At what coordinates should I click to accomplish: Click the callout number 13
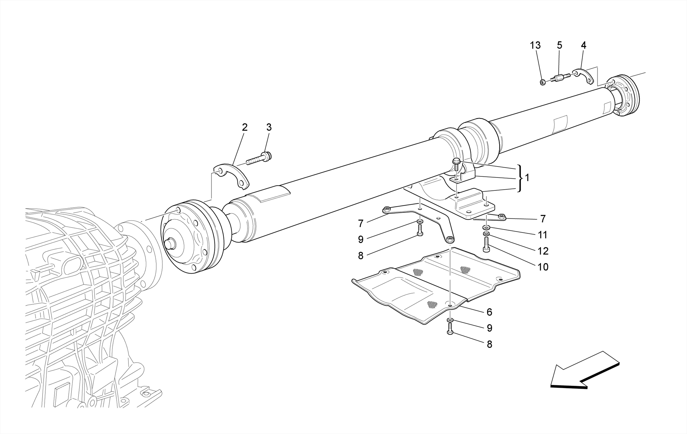click(x=535, y=45)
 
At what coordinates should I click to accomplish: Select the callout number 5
click(x=559, y=45)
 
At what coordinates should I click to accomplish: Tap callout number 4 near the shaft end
click(x=583, y=45)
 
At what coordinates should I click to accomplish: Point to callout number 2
click(x=245, y=127)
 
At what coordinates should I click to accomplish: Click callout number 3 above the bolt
click(x=269, y=127)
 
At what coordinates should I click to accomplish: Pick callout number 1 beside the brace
click(x=527, y=178)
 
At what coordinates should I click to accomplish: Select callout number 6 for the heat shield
click(x=489, y=312)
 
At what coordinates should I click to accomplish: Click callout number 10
click(x=543, y=267)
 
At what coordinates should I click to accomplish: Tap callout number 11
click(x=543, y=235)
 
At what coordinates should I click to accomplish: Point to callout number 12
click(x=543, y=251)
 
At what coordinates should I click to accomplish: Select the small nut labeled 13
click(x=542, y=82)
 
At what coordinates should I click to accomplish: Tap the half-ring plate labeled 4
click(x=583, y=76)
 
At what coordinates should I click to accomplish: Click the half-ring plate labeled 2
click(x=232, y=175)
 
